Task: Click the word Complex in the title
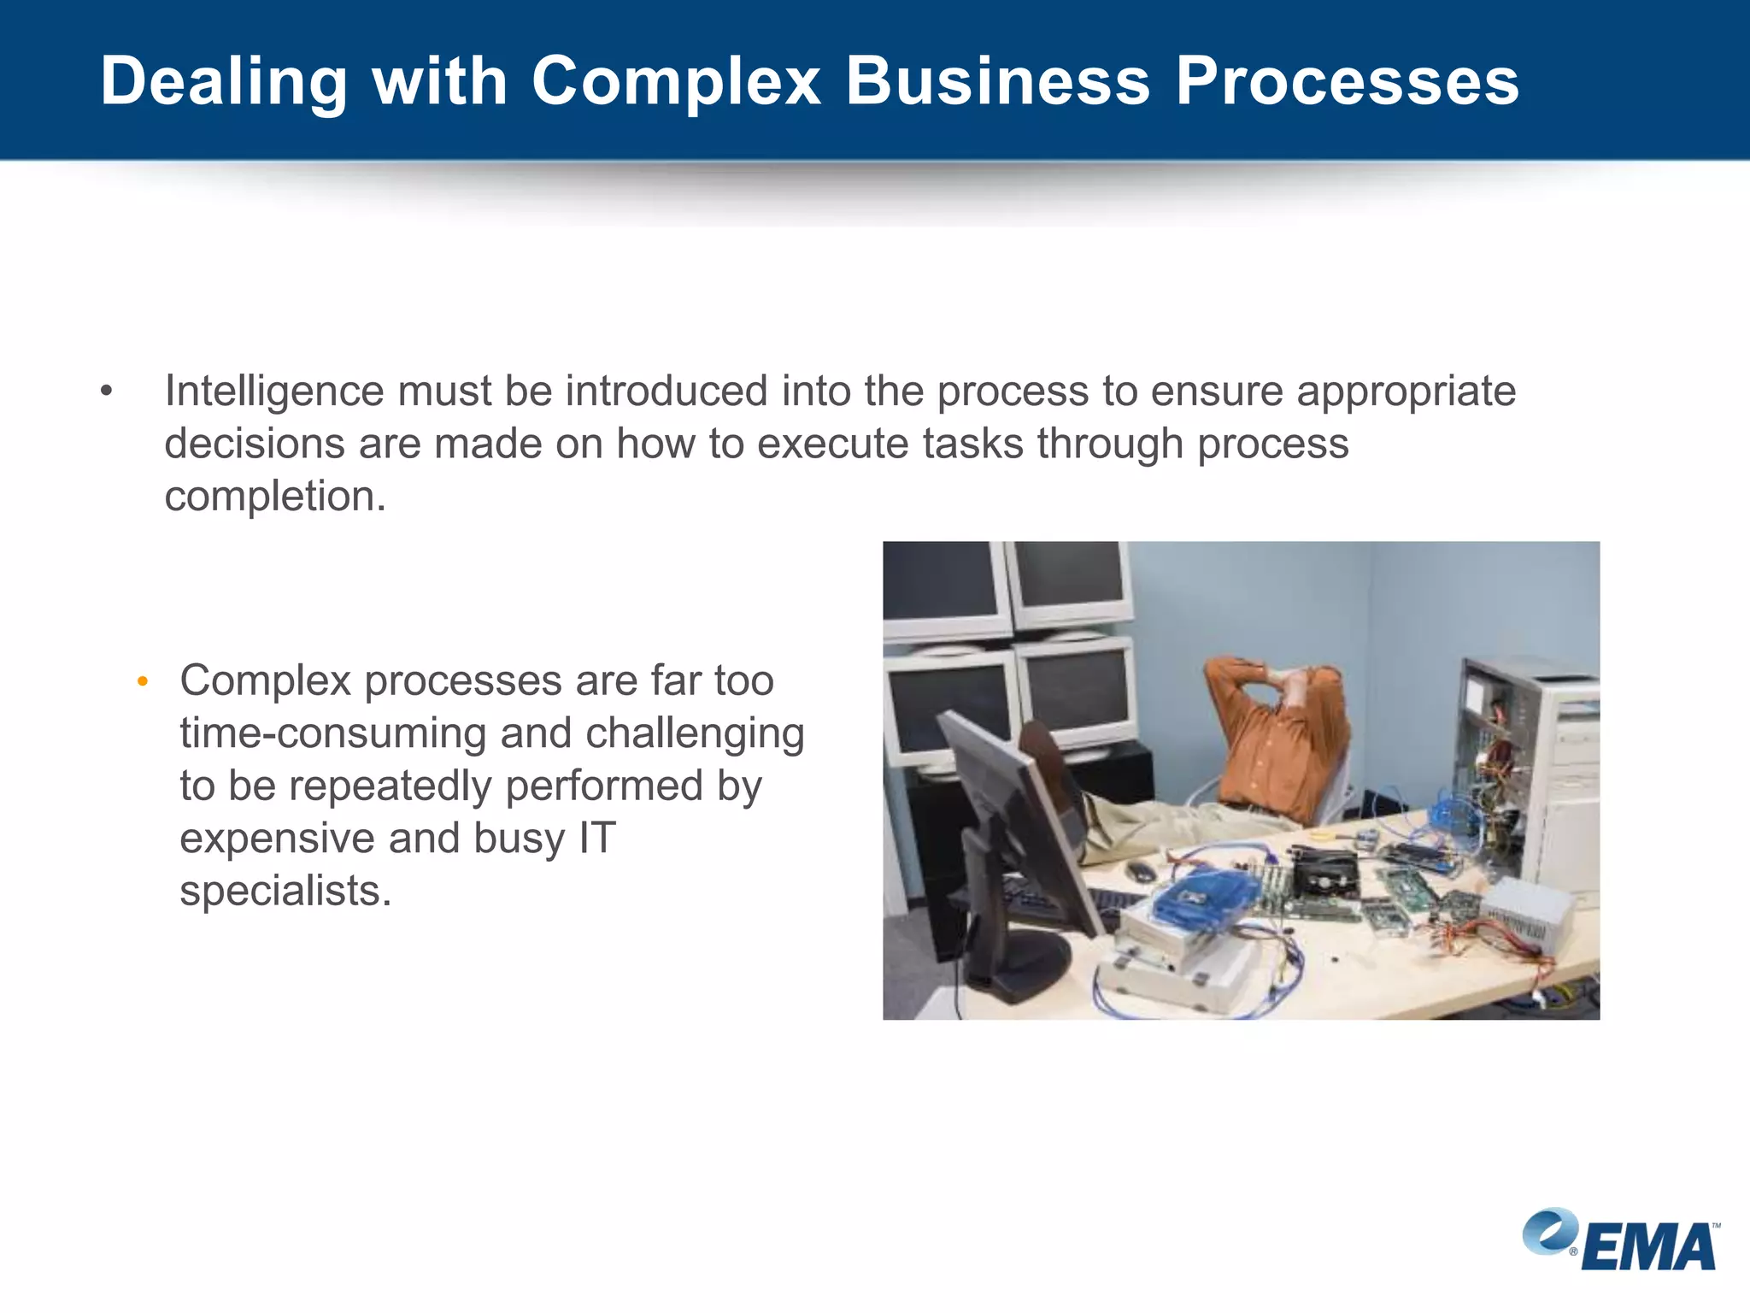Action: (675, 83)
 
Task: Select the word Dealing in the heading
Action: (224, 83)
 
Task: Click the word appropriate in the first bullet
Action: (1406, 392)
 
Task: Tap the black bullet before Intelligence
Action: (106, 392)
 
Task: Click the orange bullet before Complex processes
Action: (143, 682)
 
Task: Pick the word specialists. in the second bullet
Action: (285, 891)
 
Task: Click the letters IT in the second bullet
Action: (596, 838)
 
